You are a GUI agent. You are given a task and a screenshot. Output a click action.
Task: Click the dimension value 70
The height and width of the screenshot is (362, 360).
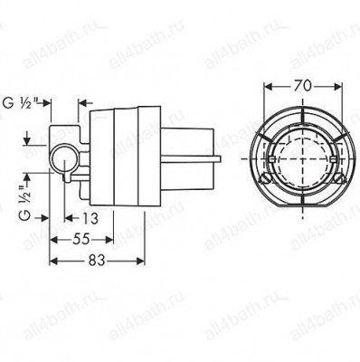pyautogui.click(x=303, y=86)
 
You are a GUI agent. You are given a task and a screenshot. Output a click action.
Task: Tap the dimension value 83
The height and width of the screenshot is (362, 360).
pyautogui.click(x=97, y=261)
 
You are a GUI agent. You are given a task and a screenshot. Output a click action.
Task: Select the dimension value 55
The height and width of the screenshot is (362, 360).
pyautogui.click(x=81, y=240)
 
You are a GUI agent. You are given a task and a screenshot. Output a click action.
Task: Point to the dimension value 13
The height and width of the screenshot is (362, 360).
pyautogui.click(x=90, y=218)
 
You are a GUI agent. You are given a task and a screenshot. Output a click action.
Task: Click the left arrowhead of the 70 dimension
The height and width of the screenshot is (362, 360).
pyautogui.click(x=268, y=87)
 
